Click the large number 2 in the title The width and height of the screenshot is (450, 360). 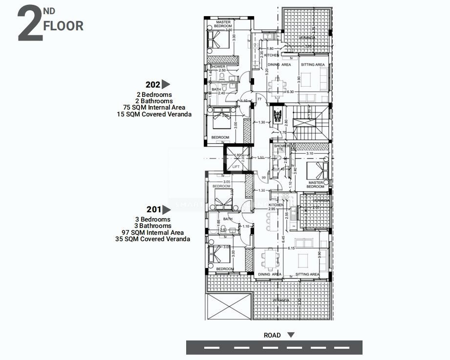[x=29, y=25]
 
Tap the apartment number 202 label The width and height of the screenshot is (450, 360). [x=152, y=84]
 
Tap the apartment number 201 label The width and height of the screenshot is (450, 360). [x=153, y=209]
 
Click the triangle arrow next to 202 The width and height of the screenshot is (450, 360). [x=166, y=84]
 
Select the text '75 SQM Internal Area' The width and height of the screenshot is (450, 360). [x=154, y=108]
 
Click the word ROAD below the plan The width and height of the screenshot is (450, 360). [x=272, y=335]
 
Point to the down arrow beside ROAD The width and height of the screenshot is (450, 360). [x=291, y=335]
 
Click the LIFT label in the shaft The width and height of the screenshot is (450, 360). [x=236, y=167]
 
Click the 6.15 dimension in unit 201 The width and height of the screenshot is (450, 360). [x=291, y=248]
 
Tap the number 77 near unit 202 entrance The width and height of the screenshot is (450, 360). [x=259, y=99]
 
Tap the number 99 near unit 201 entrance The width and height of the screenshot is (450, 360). [x=263, y=177]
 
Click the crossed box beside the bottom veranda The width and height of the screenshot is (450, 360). [x=228, y=306]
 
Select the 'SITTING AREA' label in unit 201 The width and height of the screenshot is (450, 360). [x=307, y=274]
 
